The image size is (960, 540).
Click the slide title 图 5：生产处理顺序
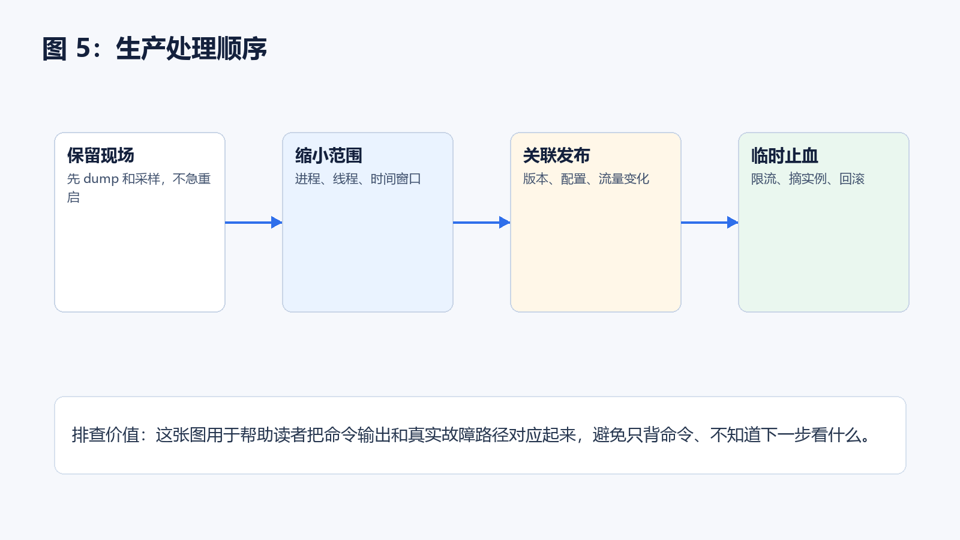coord(155,49)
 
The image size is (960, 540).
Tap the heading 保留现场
coord(101,155)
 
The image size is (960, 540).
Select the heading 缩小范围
coord(329,155)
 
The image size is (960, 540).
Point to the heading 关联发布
coord(557,155)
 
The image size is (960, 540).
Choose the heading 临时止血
coord(785,155)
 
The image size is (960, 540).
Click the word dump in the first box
coord(101,179)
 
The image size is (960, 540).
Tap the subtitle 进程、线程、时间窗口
coord(358,179)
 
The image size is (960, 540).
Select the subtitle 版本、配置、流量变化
coord(586,179)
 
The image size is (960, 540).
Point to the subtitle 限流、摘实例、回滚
coord(808,179)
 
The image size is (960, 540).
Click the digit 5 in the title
coord(83,48)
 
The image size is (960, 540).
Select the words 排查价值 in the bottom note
coord(106,435)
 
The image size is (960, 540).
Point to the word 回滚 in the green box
coord(852,179)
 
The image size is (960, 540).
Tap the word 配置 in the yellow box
coord(574,179)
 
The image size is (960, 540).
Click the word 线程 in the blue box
coord(346,179)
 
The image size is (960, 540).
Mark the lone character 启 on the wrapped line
coord(73,197)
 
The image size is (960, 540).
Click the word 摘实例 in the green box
coord(808,179)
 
